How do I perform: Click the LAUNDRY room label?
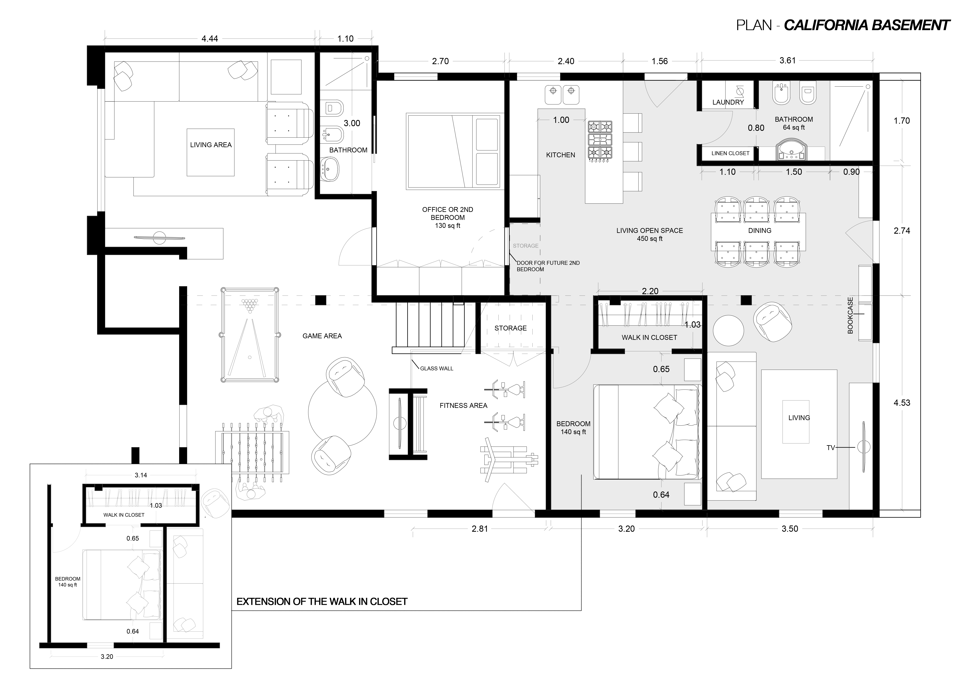pos(728,102)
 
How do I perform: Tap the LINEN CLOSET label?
pos(730,153)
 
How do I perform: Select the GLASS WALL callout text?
pos(437,368)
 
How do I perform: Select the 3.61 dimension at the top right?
pos(788,60)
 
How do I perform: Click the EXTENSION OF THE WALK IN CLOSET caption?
pos(322,601)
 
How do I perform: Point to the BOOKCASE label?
pos(850,315)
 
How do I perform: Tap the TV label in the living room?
pos(831,448)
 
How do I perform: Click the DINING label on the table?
pos(760,231)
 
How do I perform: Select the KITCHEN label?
pos(561,155)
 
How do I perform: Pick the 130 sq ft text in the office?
pos(448,226)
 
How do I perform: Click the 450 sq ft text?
pos(650,239)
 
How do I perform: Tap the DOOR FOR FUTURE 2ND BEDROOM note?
pos(548,266)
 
